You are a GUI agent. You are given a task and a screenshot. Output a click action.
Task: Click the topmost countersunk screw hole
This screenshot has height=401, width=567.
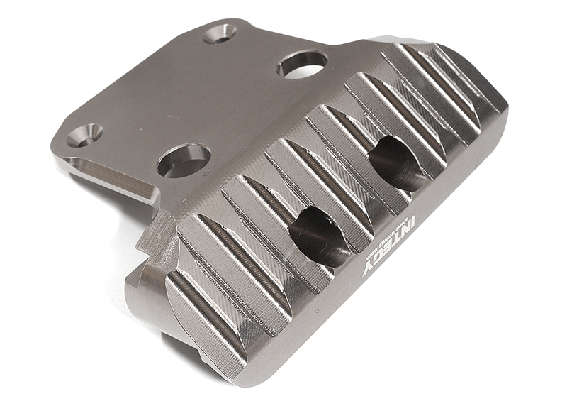220,33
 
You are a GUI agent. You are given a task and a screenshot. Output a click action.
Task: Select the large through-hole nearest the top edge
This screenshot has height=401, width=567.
303,63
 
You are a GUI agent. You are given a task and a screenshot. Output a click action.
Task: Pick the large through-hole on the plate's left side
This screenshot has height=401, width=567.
184,160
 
